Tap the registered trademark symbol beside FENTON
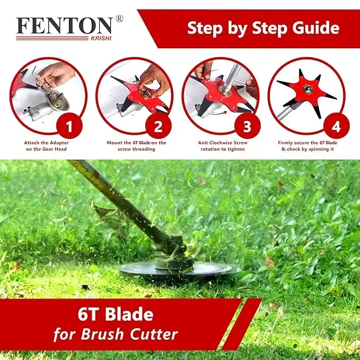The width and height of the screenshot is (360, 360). pos(119,19)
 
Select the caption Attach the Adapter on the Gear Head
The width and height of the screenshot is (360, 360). pos(46,146)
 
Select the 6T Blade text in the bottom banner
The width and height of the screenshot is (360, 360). pos(116,314)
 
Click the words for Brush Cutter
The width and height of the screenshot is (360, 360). pos(115,335)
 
